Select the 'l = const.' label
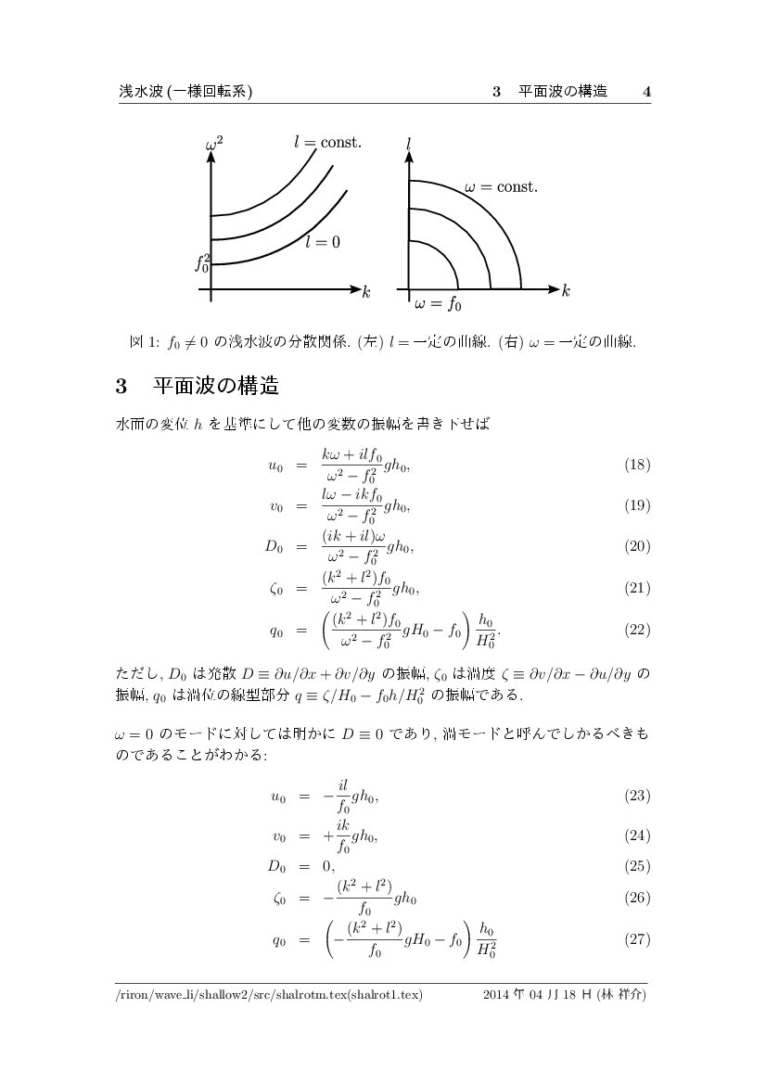(x=327, y=143)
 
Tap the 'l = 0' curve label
(x=323, y=242)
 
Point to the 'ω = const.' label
(x=501, y=187)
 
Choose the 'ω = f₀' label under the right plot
(x=438, y=302)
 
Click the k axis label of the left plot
(x=366, y=293)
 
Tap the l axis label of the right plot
(x=408, y=146)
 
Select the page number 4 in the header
(x=646, y=91)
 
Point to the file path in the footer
(x=269, y=995)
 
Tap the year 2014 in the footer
(x=499, y=995)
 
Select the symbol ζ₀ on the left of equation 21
(x=276, y=589)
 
